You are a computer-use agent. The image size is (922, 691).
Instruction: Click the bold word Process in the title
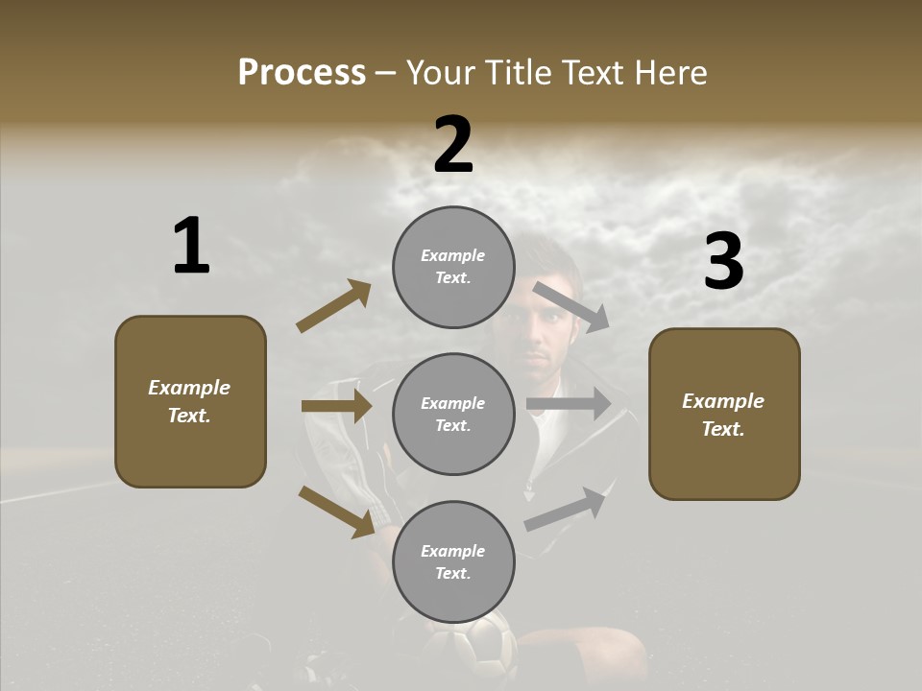(x=302, y=73)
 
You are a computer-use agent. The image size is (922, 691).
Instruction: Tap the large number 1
(x=191, y=247)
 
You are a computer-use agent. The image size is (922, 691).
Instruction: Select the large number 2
(x=453, y=145)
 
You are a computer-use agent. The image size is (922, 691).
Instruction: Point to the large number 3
(x=723, y=261)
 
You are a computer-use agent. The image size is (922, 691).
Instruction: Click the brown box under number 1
(x=190, y=401)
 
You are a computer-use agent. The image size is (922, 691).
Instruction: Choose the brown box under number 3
(x=724, y=415)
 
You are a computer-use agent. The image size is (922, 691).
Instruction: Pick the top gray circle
(x=453, y=267)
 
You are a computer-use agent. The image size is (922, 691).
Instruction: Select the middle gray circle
(x=453, y=415)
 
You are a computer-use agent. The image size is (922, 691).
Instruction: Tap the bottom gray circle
(x=453, y=562)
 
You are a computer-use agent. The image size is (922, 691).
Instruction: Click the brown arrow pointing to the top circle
(x=334, y=306)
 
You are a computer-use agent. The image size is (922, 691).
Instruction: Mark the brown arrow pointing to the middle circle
(x=336, y=406)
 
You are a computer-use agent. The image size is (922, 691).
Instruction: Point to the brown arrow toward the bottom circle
(x=336, y=512)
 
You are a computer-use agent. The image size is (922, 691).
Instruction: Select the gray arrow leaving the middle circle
(x=569, y=404)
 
